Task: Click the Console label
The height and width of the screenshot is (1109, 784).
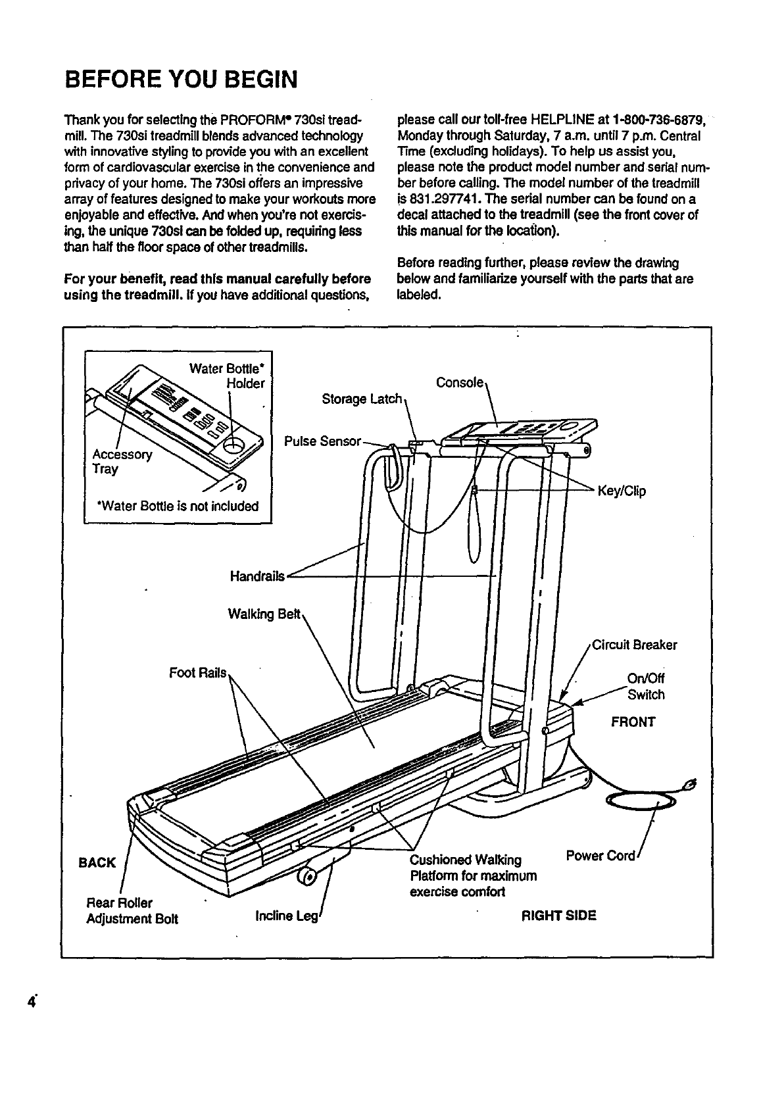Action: click(460, 383)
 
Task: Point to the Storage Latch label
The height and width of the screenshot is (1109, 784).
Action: click(361, 399)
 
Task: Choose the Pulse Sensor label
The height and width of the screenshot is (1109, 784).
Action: click(322, 441)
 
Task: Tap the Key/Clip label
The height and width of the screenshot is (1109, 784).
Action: click(621, 491)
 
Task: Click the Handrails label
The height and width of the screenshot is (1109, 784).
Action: click(257, 576)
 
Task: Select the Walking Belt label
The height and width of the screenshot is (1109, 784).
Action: click(264, 614)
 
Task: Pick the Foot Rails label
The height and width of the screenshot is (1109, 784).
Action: click(197, 673)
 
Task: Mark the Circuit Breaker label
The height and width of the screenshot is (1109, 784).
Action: click(634, 645)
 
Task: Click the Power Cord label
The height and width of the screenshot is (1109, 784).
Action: click(600, 856)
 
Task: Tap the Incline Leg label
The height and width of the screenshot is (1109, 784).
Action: click(286, 916)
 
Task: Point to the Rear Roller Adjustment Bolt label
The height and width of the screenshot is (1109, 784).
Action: click(132, 910)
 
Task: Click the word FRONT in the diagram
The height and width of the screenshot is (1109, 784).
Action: click(633, 722)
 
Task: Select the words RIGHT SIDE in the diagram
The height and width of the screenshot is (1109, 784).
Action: click(558, 916)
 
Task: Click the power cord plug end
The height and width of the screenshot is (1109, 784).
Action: click(689, 784)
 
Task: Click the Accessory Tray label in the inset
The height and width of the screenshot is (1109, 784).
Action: click(122, 461)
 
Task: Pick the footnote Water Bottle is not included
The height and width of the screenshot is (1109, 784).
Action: click(177, 506)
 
